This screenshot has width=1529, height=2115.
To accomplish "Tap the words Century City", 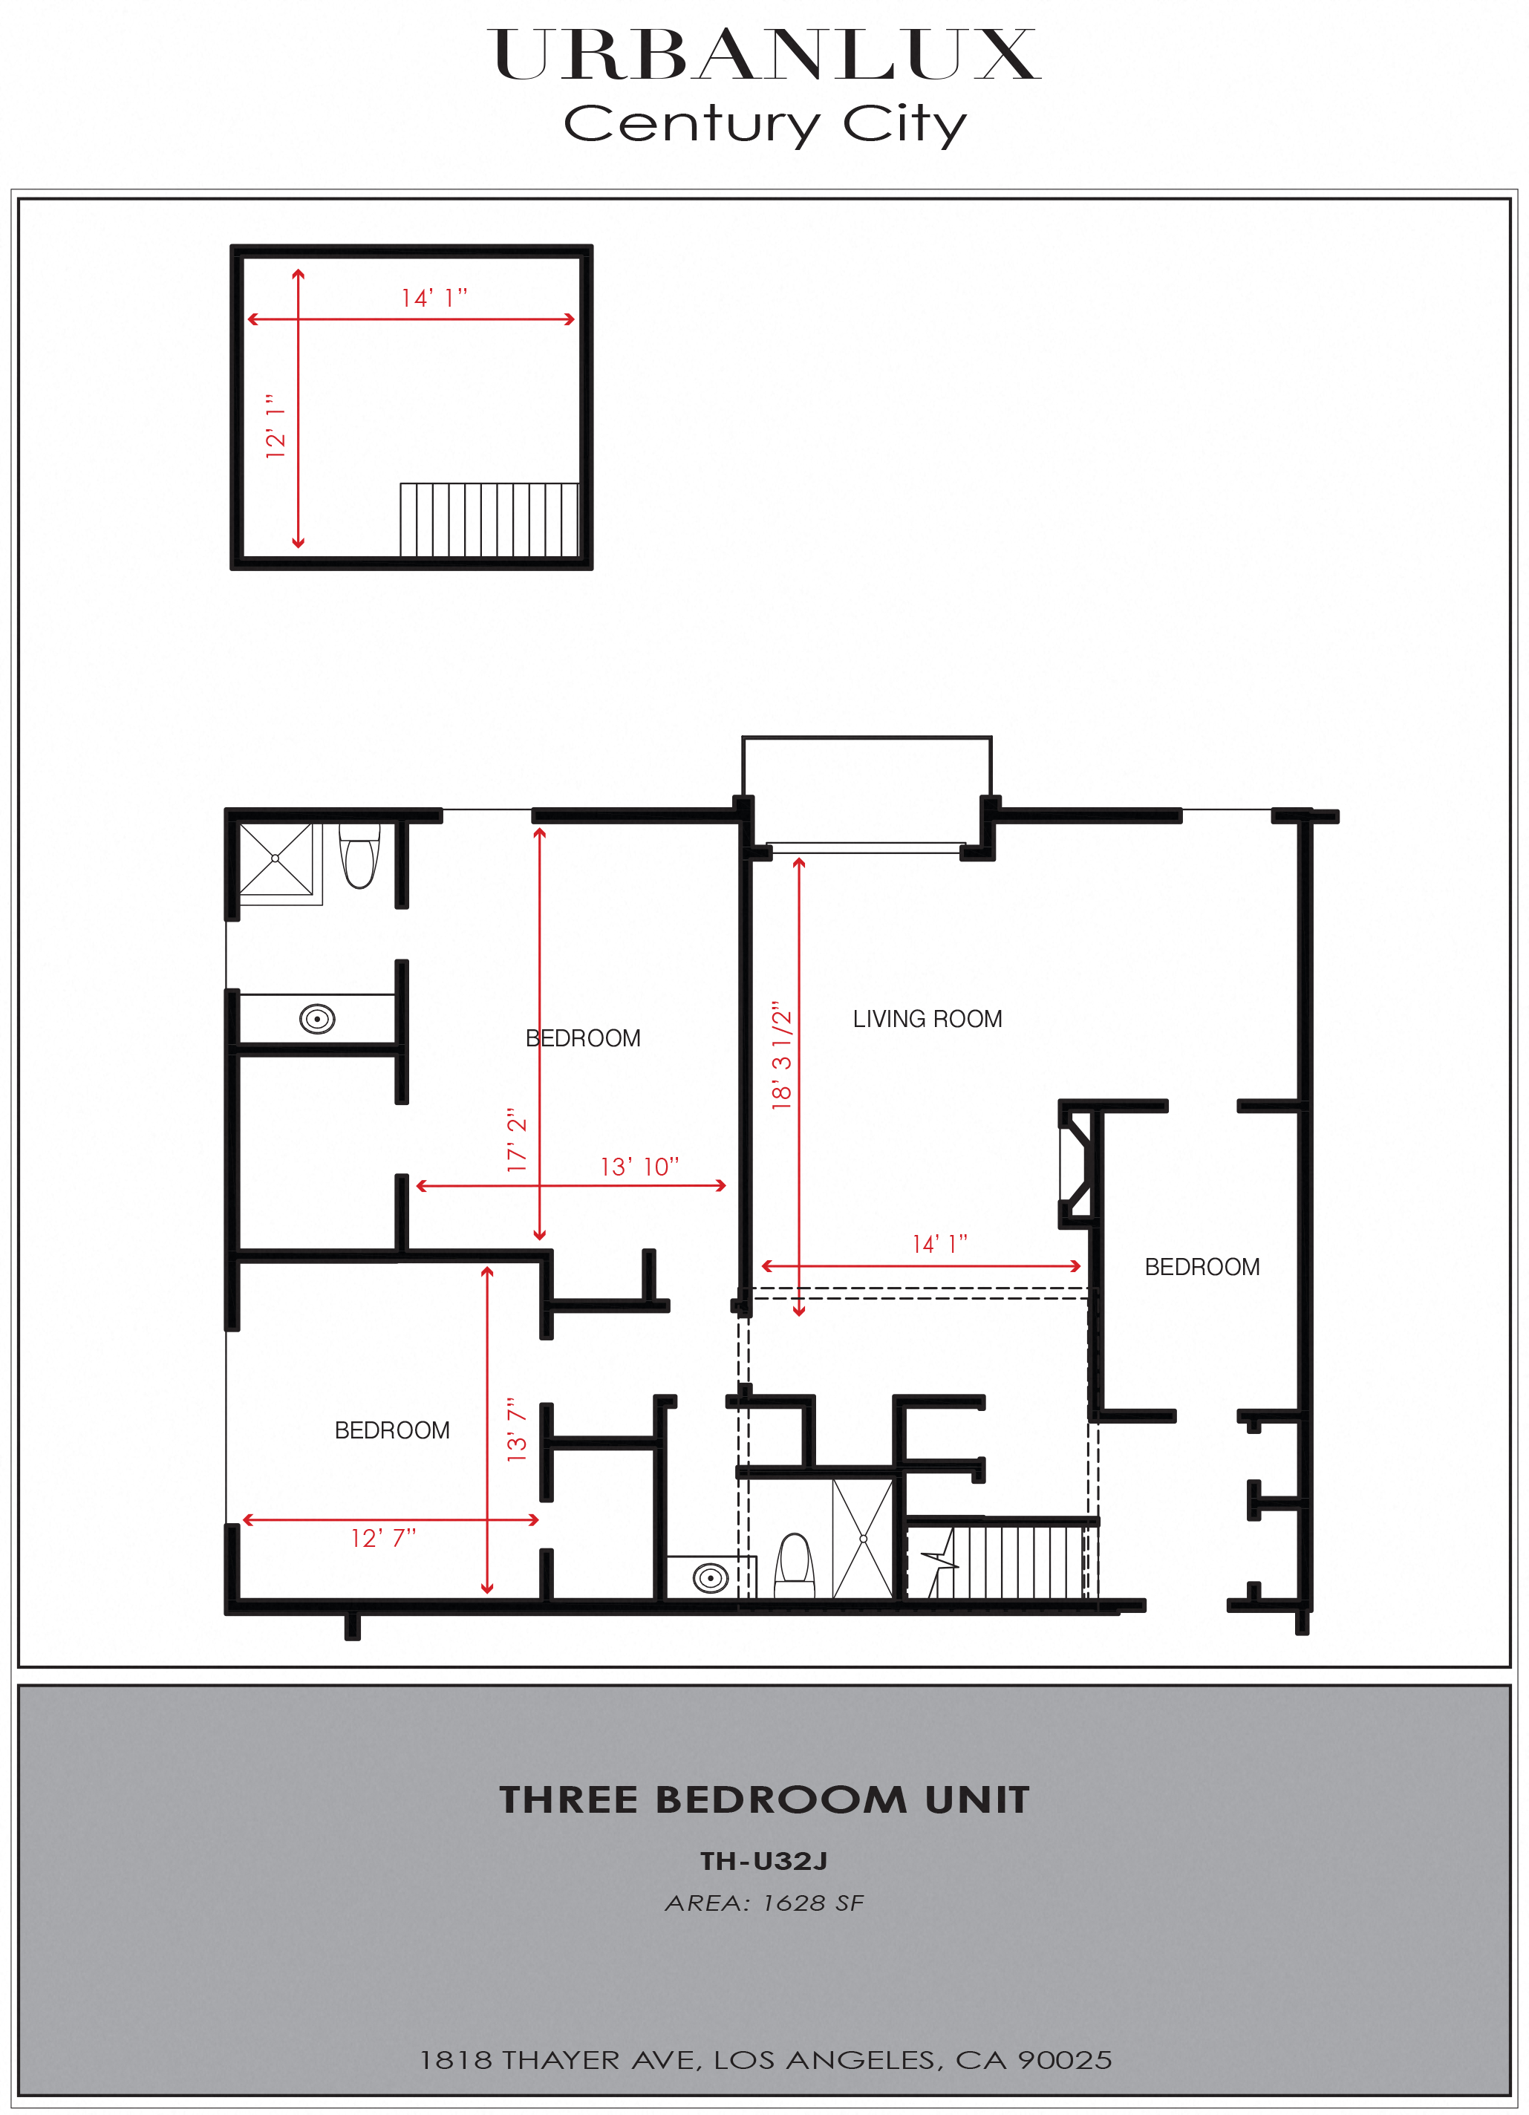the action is coord(766,124).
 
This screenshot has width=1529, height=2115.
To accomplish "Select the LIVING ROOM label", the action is coord(927,1020).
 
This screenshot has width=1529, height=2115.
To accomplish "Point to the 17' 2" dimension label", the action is coord(517,1140).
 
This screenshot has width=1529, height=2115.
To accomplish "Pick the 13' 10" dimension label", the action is coord(639,1167).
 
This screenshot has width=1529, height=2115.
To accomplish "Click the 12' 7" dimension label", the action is coord(383,1538).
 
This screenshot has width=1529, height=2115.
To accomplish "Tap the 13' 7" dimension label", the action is coord(517,1429).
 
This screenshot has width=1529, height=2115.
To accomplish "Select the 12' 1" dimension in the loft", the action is coord(275,426).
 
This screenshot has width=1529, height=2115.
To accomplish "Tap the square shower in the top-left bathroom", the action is coord(276,859).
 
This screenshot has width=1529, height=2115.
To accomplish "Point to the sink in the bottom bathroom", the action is coord(711,1578).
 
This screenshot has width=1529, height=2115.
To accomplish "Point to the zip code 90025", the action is coord(1065,2060).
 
